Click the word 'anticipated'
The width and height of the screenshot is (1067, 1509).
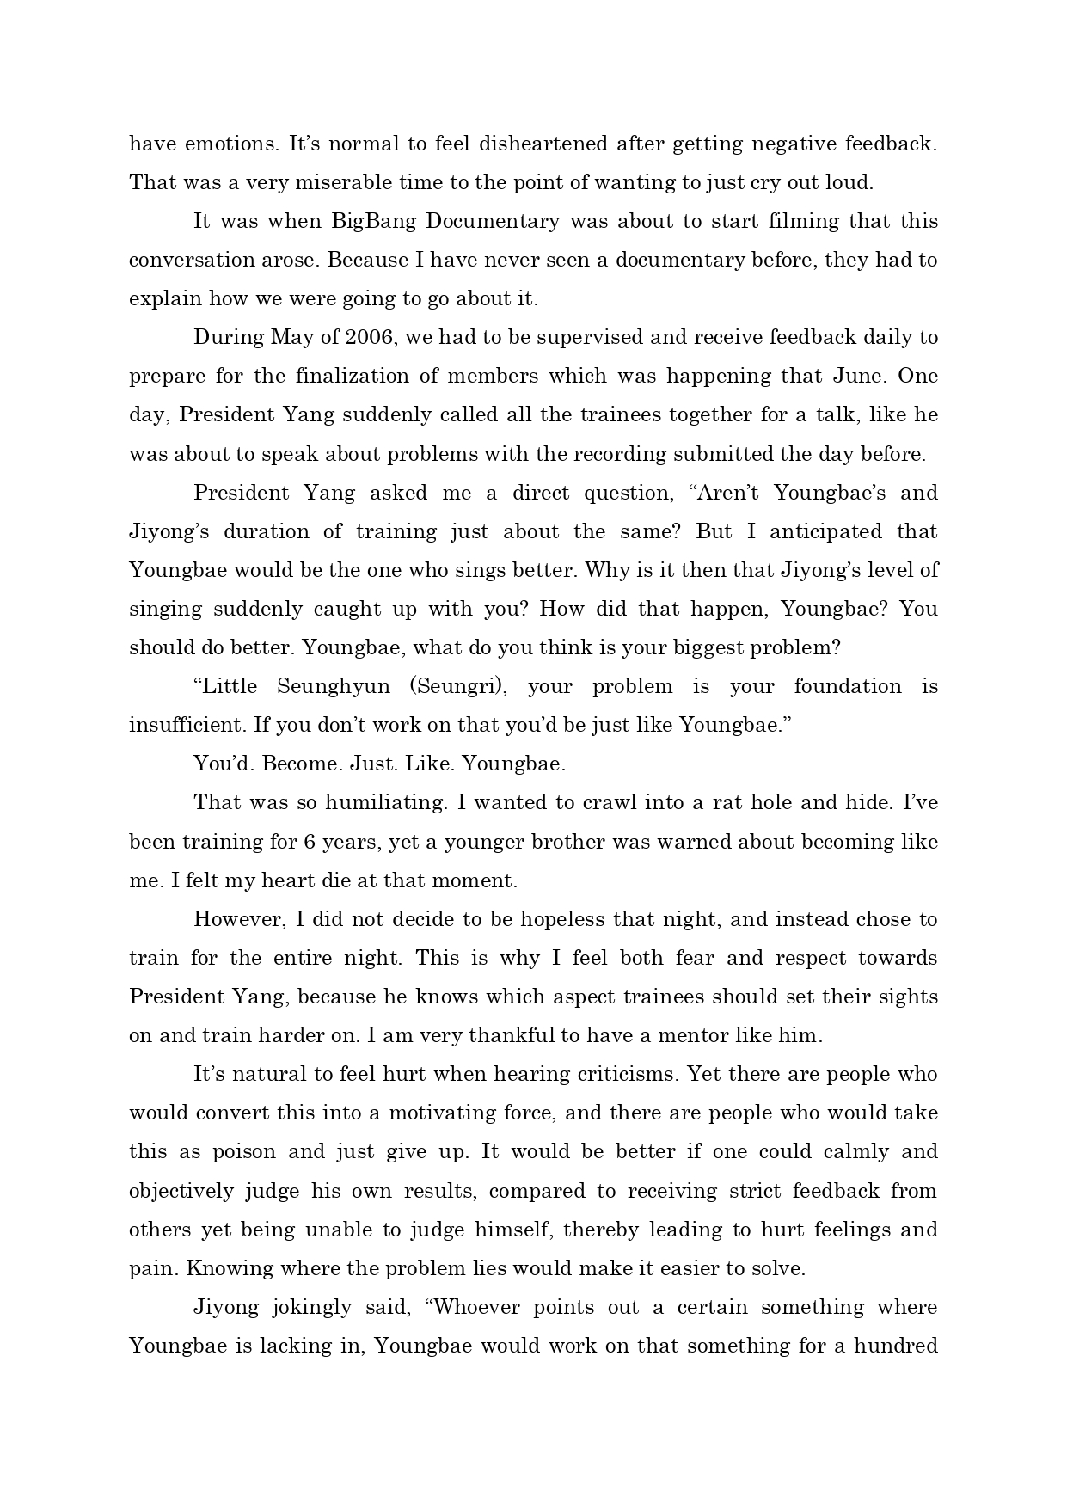pos(825,531)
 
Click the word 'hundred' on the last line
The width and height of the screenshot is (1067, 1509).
pos(899,1346)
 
